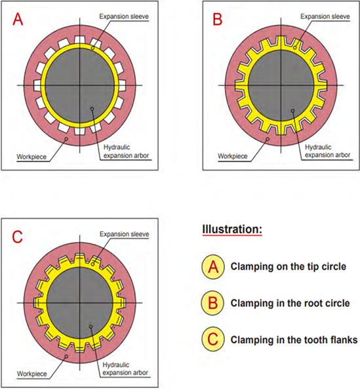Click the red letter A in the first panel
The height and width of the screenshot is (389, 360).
(18, 19)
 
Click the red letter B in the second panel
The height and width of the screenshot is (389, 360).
(218, 19)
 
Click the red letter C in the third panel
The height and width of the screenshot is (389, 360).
(17, 237)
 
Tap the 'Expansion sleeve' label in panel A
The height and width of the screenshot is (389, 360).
(124, 16)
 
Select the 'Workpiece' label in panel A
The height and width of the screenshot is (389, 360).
(31, 157)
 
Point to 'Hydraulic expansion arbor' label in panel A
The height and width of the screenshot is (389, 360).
(126, 152)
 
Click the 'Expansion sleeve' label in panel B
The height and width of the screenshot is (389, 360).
(325, 16)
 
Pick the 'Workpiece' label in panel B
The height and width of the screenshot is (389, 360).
(233, 156)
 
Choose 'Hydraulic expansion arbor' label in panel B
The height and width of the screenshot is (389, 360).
(327, 151)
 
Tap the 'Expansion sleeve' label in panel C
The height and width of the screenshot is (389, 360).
(124, 234)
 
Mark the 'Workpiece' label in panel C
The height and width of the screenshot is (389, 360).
(31, 374)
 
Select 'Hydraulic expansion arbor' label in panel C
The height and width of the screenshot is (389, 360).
(125, 369)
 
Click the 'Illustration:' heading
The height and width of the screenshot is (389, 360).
(232, 229)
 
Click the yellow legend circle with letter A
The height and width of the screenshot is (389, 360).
(213, 267)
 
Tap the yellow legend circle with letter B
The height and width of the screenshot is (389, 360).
(213, 303)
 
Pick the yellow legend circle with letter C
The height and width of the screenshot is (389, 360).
(213, 339)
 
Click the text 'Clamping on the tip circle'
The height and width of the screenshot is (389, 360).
(289, 266)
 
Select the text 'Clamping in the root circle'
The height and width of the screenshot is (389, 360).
(290, 303)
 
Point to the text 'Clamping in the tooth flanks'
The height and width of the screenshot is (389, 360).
(294, 340)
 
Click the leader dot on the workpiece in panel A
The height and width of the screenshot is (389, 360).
(66, 138)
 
